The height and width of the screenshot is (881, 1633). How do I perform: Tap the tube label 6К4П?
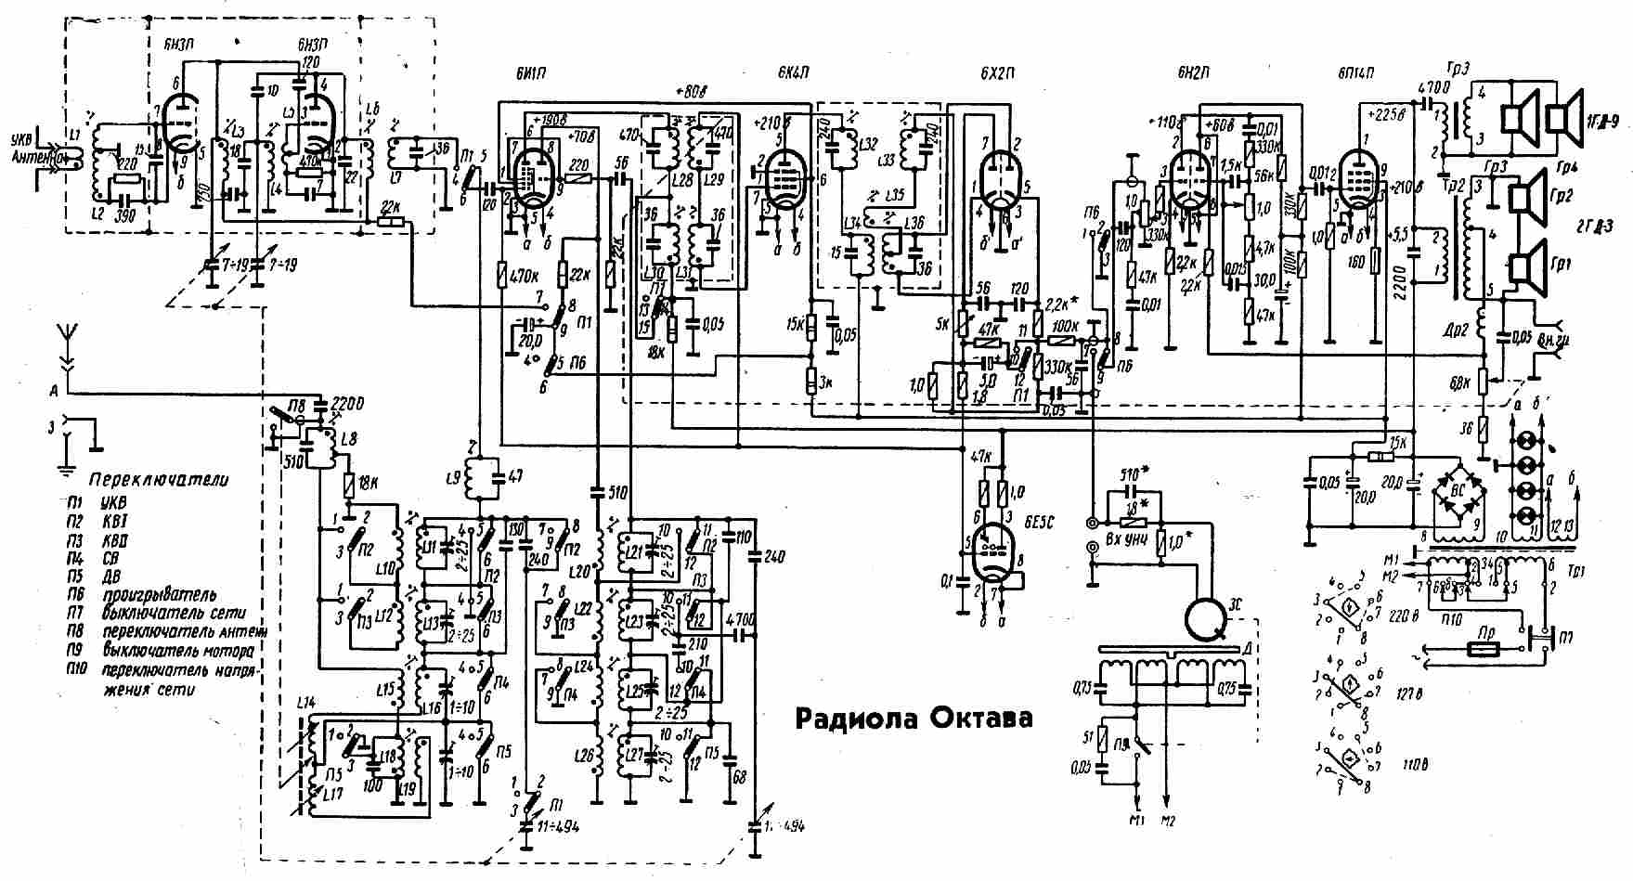coord(795,74)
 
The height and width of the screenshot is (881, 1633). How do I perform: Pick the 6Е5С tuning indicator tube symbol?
coord(992,552)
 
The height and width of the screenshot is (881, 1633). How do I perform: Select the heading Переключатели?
coord(159,480)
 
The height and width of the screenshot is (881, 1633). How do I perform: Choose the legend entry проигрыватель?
coord(160,595)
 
